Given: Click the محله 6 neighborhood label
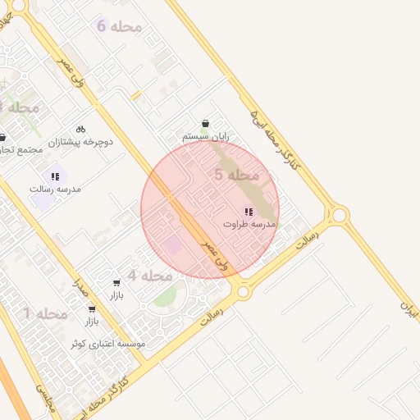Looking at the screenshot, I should pos(119,26).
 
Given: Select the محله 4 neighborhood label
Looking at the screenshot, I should pos(148,276).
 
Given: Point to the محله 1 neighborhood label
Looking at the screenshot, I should pos(45,313).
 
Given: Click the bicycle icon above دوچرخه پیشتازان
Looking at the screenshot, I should pos(80,129).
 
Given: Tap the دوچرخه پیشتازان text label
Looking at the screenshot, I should pos(80,142).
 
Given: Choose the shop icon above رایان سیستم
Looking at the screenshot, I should pos(204,123).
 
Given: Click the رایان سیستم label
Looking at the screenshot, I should pos(205,137).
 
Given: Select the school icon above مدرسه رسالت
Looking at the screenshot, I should pos(55,176).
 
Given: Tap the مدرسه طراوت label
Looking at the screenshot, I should pos(249,224).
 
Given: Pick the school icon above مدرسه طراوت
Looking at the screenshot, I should pos(249,212).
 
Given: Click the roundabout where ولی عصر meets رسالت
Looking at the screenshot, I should pos(243,290).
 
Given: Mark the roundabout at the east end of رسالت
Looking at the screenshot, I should pos(338,216).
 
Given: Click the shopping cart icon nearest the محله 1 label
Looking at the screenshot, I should pos(91,309).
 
